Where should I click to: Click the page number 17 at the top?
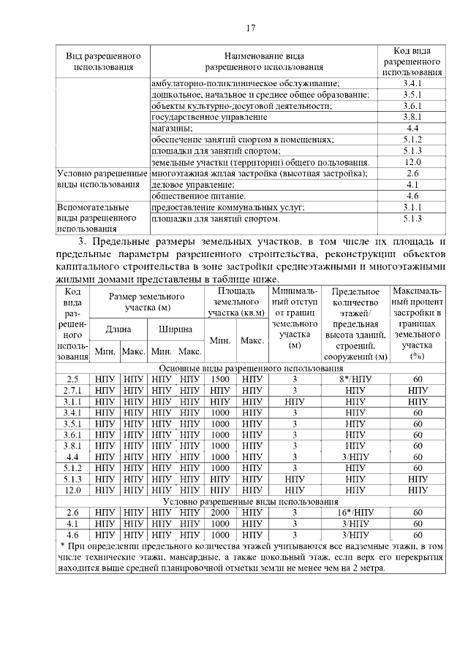click(250, 28)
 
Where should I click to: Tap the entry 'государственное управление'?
click(209, 117)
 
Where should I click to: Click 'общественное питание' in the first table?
click(197, 196)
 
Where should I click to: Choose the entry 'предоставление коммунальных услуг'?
click(227, 207)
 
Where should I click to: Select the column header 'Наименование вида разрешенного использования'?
click(264, 61)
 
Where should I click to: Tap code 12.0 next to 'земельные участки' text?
click(412, 162)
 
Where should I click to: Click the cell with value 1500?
click(220, 380)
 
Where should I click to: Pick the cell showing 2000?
click(220, 513)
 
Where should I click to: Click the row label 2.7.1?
click(72, 391)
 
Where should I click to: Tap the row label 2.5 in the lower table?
click(72, 380)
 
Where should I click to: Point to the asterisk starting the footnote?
click(62, 546)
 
